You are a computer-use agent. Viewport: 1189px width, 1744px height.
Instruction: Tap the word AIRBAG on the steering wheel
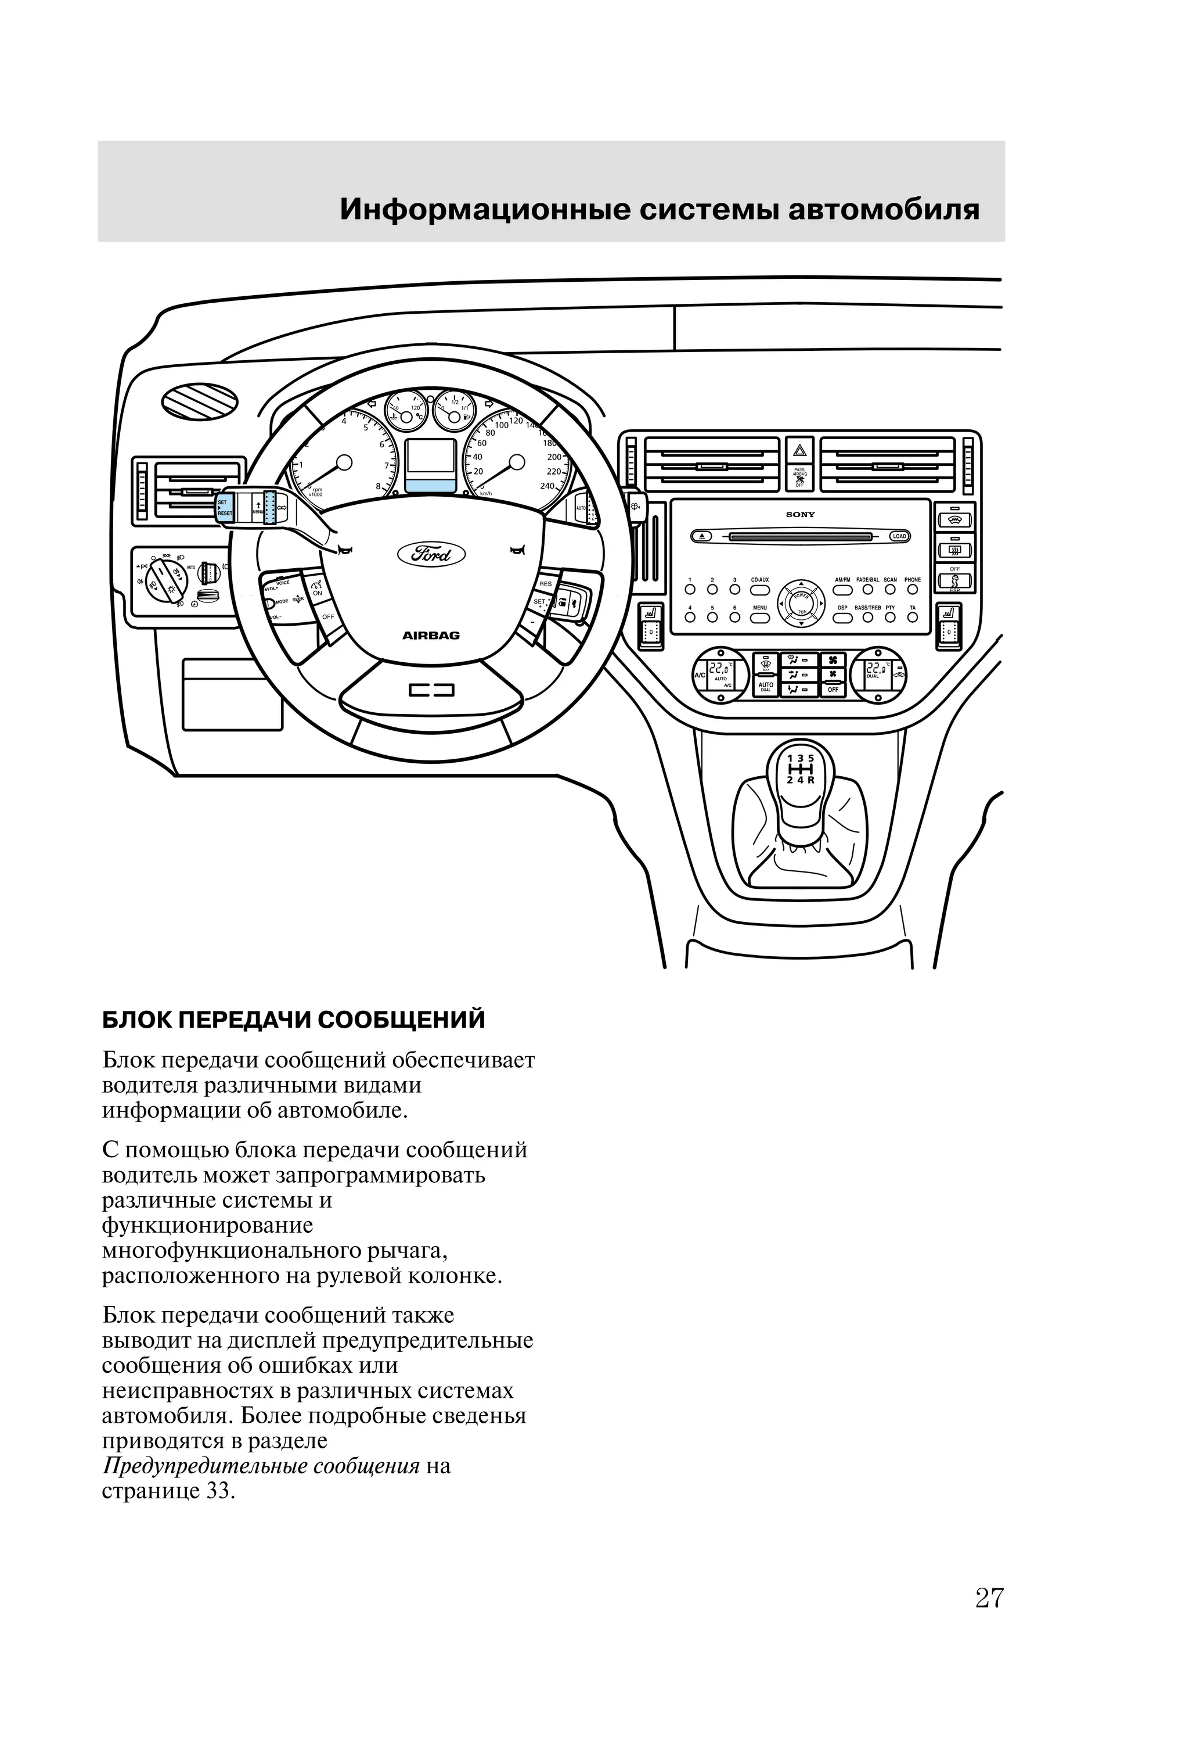431,636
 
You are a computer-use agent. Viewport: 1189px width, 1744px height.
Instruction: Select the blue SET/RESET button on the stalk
224,508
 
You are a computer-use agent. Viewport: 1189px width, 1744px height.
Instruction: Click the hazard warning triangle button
799,452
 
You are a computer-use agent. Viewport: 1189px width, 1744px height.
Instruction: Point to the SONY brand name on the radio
799,515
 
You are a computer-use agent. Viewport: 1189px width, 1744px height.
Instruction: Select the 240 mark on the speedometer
547,486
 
